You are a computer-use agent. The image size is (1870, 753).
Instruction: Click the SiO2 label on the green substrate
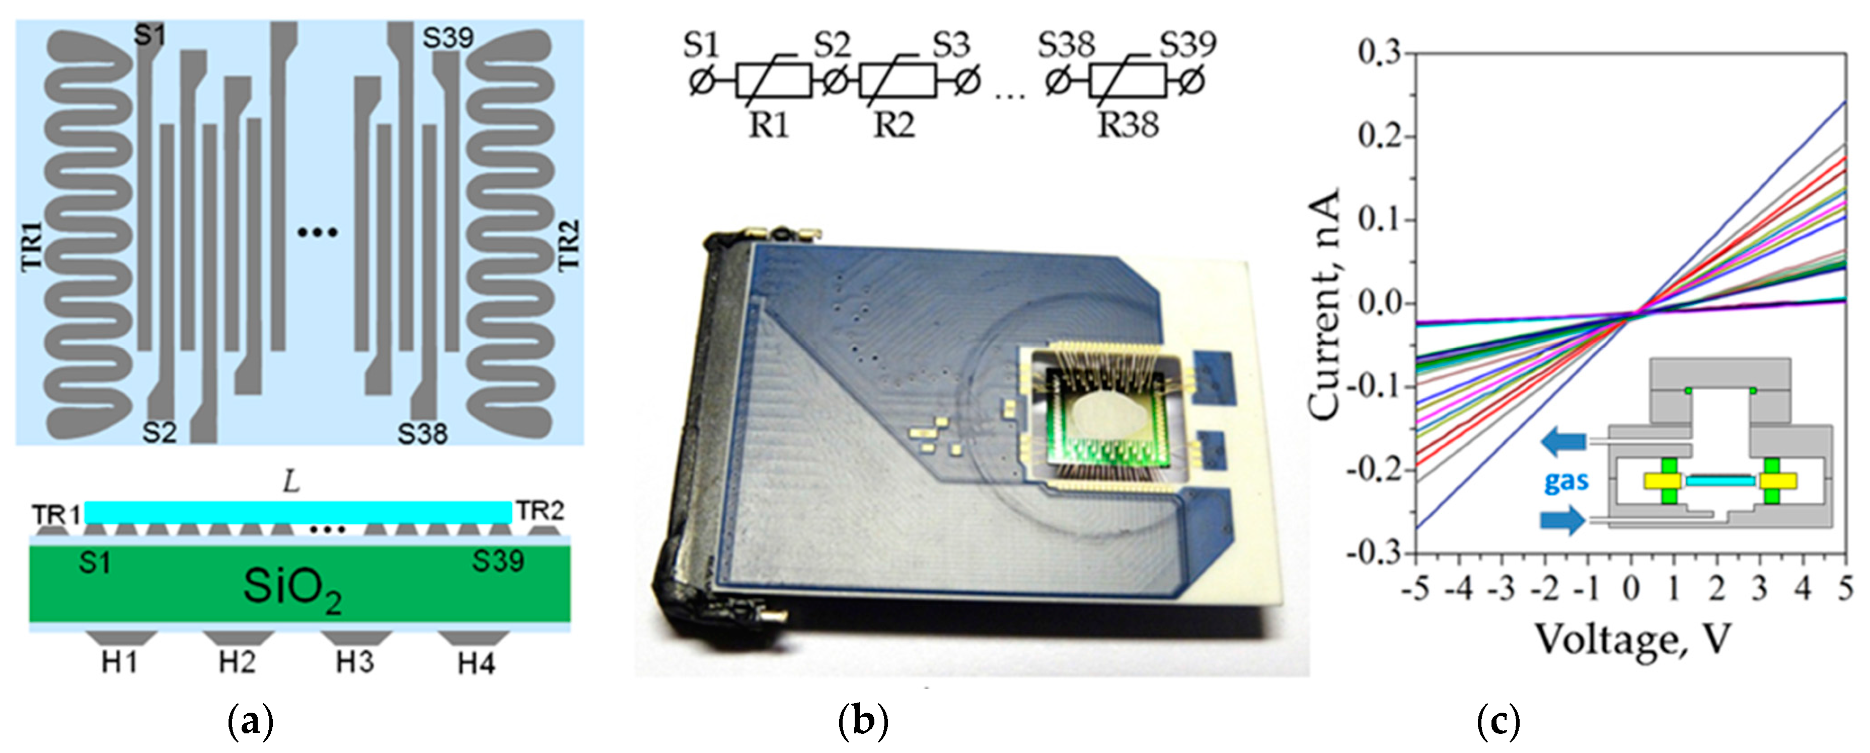[x=292, y=588]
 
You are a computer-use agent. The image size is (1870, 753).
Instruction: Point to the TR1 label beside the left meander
[x=33, y=247]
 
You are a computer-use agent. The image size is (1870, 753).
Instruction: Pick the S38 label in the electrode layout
[x=422, y=434]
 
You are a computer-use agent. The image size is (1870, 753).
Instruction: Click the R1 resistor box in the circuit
[x=773, y=81]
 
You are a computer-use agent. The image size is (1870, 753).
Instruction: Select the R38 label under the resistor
[x=1128, y=125]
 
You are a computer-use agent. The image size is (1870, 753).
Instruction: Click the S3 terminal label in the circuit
[x=951, y=45]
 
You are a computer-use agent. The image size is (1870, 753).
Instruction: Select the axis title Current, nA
[x=1323, y=305]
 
